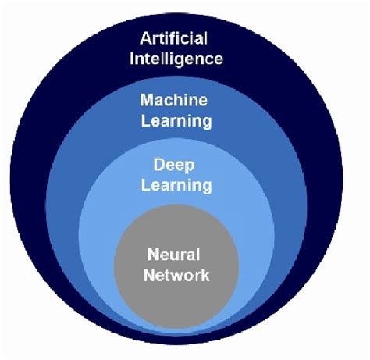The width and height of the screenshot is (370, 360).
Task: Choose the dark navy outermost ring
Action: coord(39,156)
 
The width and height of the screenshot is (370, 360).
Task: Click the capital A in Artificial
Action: coord(147,37)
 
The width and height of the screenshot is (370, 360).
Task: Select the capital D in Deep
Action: coord(158,165)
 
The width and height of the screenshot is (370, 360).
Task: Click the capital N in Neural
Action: coord(149,254)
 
